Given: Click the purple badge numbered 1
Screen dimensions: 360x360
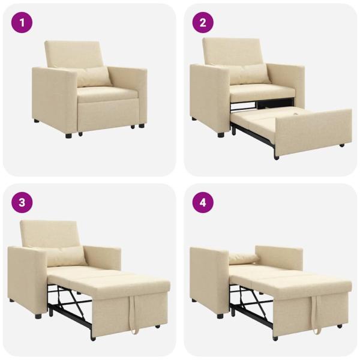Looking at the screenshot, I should [22, 23].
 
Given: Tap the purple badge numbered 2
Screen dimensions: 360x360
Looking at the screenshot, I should [203, 23].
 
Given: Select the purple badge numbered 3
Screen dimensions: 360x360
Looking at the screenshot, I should [22, 202].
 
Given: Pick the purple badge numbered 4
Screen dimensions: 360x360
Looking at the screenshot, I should [203, 202].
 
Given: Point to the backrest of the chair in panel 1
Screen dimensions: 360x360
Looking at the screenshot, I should [74, 53].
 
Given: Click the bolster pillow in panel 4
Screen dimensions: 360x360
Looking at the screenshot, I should [244, 259].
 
